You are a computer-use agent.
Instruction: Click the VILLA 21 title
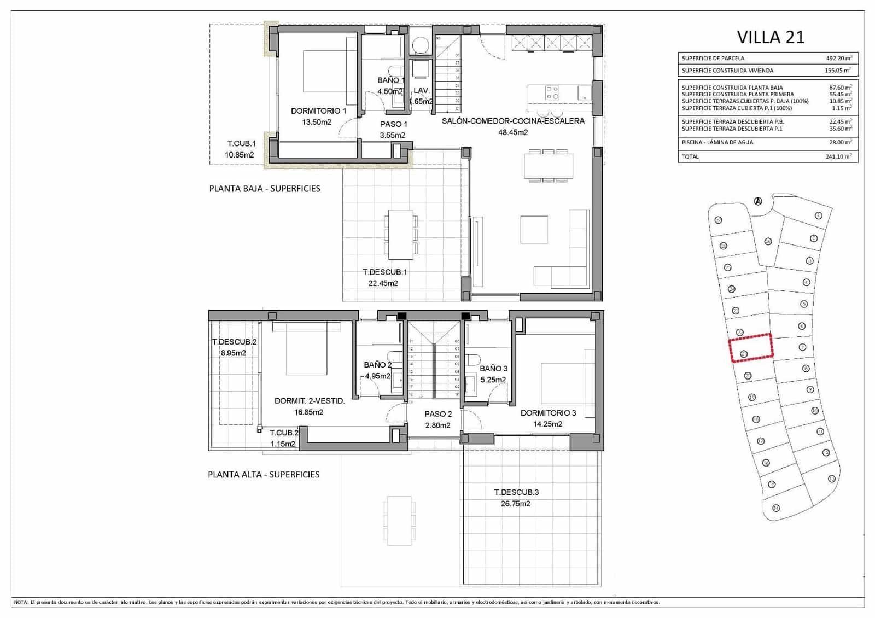771,37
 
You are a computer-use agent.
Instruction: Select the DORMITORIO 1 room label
318,111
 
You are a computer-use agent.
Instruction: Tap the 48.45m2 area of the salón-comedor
512,132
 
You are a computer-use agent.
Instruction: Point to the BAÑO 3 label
493,369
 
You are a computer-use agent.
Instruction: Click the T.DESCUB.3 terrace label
516,492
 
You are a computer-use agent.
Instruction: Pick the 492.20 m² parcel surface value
838,58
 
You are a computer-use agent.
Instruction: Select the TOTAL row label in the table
690,156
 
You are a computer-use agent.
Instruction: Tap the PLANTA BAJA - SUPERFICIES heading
265,189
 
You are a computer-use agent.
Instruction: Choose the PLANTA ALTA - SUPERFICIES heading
264,475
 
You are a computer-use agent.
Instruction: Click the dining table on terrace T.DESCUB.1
400,234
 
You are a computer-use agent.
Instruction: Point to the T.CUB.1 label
241,143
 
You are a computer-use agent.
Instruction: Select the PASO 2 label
438,414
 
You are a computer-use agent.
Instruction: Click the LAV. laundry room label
421,90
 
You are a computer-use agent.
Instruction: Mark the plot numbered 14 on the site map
775,508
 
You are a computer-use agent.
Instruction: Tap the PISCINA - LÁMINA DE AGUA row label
717,142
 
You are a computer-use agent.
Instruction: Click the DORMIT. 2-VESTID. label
310,401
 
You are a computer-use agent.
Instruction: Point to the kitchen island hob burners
552,92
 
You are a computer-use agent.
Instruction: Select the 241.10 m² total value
838,156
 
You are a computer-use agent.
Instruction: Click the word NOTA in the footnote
20,602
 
